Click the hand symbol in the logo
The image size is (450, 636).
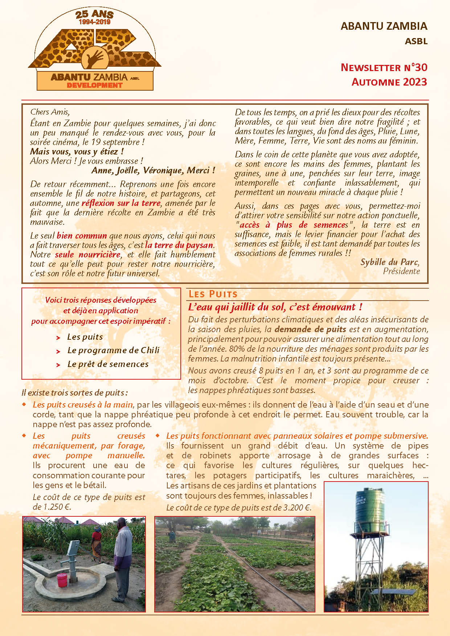pos(94,58)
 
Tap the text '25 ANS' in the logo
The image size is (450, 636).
pos(94,15)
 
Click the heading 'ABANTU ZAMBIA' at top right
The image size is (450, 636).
pos(384,26)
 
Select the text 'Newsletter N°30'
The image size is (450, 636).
pos(384,67)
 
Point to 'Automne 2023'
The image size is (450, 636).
pos(389,82)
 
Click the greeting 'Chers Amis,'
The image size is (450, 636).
pos(50,112)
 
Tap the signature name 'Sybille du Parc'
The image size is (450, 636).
pos(389,262)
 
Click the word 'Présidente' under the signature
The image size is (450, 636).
pos(401,271)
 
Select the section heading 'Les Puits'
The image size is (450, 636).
pos(213,294)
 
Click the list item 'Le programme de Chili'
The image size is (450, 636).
pos(113,350)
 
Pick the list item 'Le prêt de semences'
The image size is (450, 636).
pos(108,364)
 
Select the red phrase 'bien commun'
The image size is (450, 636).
pos(82,236)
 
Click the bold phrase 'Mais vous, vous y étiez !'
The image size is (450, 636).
pos(77,152)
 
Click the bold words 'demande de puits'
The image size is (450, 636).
pos(310,329)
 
